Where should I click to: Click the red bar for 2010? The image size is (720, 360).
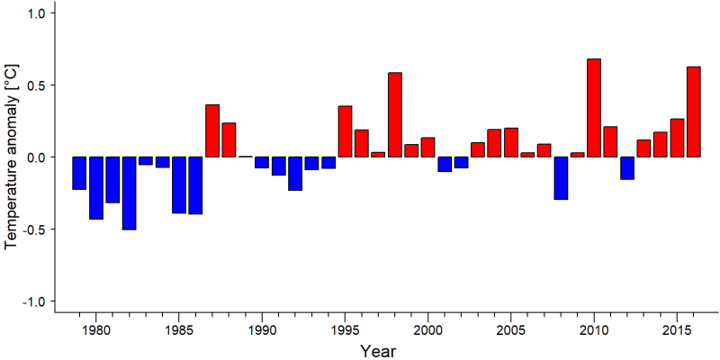[x=594, y=108]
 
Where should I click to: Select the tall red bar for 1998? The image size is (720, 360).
[x=395, y=115]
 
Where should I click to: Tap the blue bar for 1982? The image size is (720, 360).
[x=129, y=193]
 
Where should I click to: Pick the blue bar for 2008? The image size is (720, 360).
[x=561, y=178]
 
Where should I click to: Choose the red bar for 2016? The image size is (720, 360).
[x=693, y=112]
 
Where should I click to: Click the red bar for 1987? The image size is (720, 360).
[x=212, y=130]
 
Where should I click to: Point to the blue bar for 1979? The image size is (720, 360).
[x=79, y=173]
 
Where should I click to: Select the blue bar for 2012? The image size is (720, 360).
[x=627, y=168]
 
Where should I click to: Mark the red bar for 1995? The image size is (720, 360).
[x=345, y=131]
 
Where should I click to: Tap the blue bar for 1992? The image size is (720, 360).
[x=295, y=174]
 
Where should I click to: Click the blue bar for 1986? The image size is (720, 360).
[x=195, y=185]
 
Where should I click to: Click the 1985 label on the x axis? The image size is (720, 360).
[x=178, y=329]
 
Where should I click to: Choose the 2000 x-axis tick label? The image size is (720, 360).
[x=428, y=329]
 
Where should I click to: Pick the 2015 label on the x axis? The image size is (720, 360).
[x=677, y=329]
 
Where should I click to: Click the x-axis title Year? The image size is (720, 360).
[x=377, y=351]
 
